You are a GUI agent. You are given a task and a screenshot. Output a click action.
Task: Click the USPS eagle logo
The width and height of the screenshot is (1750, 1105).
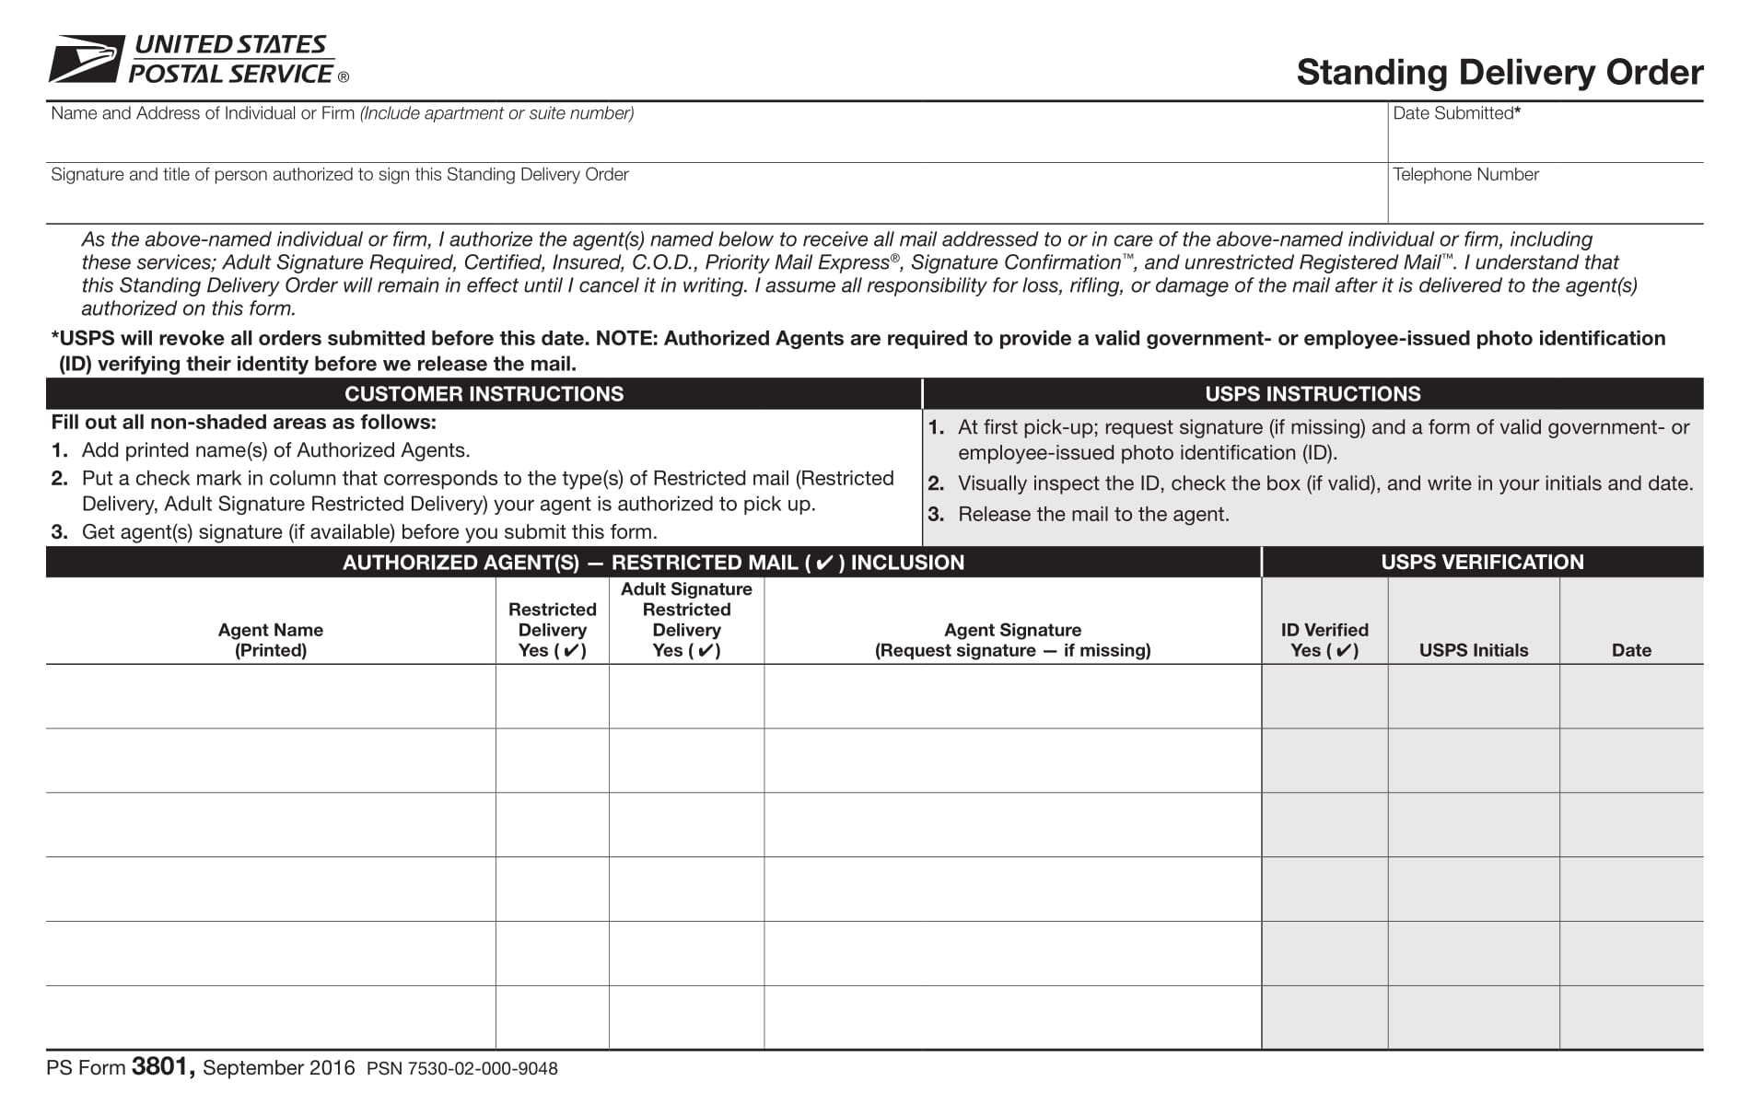(x=86, y=58)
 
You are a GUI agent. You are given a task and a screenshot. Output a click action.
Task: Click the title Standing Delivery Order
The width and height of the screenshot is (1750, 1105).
(x=1499, y=73)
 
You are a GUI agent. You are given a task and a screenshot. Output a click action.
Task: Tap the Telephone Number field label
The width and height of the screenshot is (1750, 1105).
(x=1464, y=175)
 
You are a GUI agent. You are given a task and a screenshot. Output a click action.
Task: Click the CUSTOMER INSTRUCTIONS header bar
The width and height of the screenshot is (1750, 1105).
(x=484, y=394)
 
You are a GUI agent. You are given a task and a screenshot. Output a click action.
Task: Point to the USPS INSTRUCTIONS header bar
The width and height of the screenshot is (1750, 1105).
(x=1312, y=394)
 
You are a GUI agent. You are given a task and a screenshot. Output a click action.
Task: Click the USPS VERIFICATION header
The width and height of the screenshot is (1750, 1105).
(x=1482, y=563)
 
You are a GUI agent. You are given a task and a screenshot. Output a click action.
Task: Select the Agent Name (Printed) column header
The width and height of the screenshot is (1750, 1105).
(x=270, y=640)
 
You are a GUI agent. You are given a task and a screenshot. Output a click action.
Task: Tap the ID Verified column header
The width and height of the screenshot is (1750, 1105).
(x=1324, y=640)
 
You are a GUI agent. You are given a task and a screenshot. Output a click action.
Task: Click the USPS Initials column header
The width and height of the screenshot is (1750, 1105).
(x=1473, y=650)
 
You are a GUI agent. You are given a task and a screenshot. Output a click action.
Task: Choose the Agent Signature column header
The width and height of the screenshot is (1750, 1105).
(x=1012, y=640)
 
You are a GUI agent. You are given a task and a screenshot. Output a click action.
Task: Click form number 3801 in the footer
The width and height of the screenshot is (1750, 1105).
(x=162, y=1067)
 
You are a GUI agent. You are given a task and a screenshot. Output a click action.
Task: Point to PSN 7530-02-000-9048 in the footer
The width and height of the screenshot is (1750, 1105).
(x=461, y=1069)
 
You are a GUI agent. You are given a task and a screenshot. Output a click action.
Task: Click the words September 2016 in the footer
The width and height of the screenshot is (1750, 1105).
(x=278, y=1068)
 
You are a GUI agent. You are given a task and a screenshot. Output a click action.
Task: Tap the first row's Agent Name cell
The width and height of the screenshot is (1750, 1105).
(x=270, y=697)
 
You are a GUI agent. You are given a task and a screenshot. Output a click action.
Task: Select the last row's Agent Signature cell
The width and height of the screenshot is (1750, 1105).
(x=1012, y=1018)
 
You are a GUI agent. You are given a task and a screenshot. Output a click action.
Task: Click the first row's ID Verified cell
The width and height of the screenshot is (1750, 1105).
(x=1324, y=697)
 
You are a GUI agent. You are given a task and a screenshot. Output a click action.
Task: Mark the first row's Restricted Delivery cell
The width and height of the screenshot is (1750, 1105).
(x=552, y=697)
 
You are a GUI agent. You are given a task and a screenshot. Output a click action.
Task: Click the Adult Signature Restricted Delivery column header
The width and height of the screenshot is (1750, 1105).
(x=686, y=620)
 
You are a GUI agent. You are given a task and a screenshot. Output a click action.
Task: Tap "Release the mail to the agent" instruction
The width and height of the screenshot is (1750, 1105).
(x=1093, y=515)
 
